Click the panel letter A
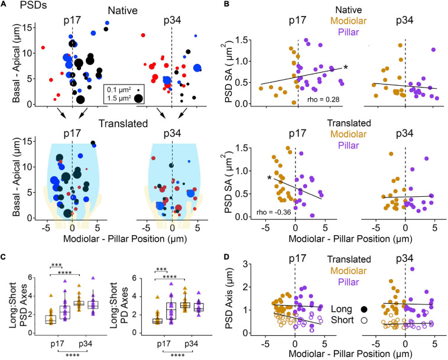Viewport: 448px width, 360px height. tap(5, 7)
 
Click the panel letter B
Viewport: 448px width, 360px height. tap(232, 7)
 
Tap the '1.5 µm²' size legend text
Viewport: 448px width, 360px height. tap(120, 99)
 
